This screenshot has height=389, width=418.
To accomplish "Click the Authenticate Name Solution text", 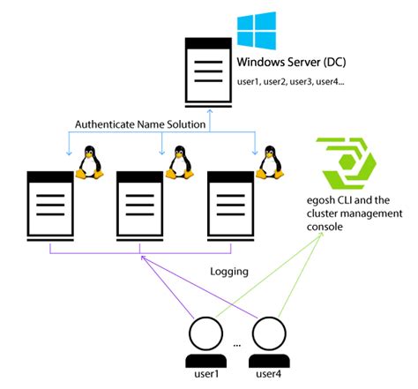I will [x=141, y=125].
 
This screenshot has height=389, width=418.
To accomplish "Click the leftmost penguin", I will [x=88, y=162].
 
